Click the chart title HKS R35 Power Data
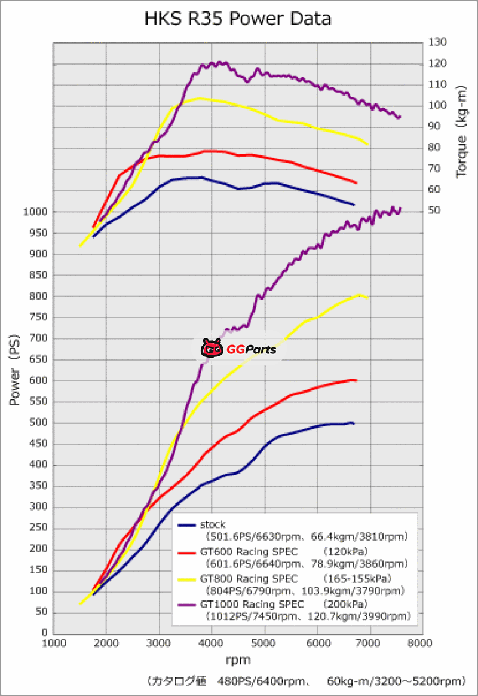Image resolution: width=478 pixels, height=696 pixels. pyautogui.click(x=238, y=19)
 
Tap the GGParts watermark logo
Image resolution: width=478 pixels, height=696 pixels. pyautogui.click(x=239, y=349)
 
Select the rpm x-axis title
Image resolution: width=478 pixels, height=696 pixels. pyautogui.click(x=238, y=660)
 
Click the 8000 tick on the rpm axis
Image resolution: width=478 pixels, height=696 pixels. pyautogui.click(x=422, y=643)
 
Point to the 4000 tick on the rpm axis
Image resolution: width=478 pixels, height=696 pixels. pyautogui.click(x=212, y=643)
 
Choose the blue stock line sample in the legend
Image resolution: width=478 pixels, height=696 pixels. pyautogui.click(x=188, y=525)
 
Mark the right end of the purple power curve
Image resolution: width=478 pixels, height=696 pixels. pyautogui.click(x=400, y=209)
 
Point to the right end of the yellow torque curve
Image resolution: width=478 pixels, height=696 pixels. pyautogui.click(x=368, y=145)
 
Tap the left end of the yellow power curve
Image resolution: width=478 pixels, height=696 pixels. pyautogui.click(x=81, y=603)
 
